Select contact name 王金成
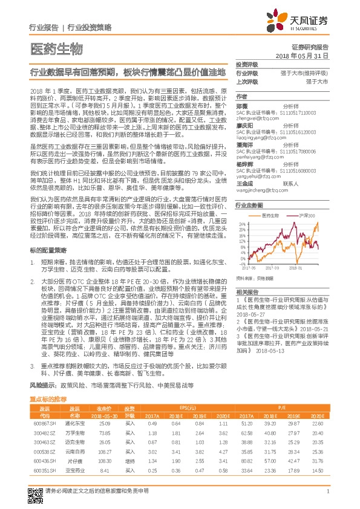pos(243,182)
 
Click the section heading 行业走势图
pos(248,206)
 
